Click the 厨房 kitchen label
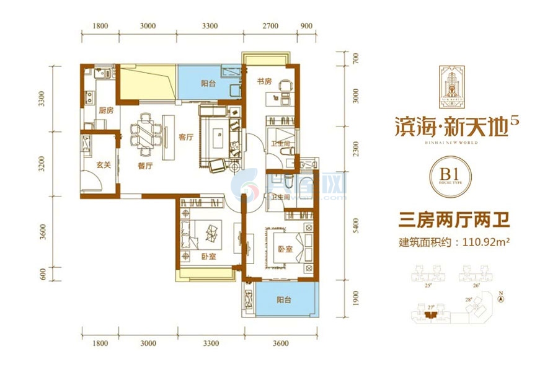coord(106,110)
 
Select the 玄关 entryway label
coord(104,166)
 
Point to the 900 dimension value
coord(305,26)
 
